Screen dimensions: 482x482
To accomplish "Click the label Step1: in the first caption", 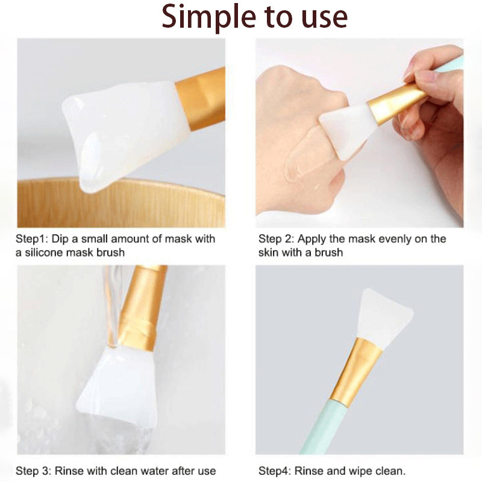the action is coord(32,239).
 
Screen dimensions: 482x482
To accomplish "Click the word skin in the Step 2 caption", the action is coord(268,252).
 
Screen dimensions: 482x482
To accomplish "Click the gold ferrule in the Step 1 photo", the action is coord(201,98).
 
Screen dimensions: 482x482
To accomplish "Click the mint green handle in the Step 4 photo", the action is coord(323,427).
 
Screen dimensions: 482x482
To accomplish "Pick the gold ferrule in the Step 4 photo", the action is coord(357,372).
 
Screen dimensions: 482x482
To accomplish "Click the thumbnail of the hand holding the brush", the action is coord(359,133).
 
